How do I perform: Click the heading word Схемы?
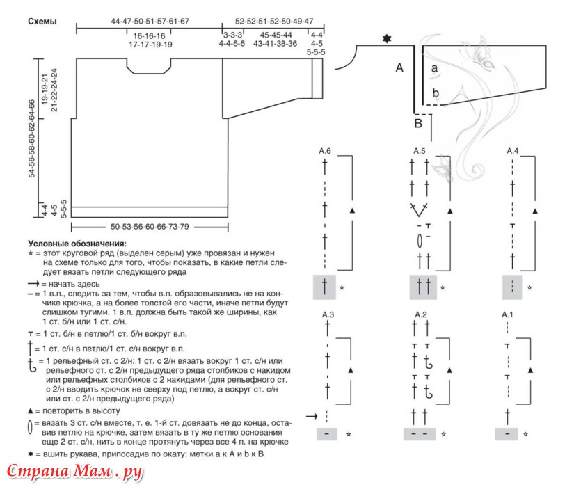coord(42,22)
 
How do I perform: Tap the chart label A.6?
coord(325,151)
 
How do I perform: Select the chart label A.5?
coord(420,151)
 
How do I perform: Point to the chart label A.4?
coord(513,151)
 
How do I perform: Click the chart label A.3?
coord(328,314)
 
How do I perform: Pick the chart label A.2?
coord(421,314)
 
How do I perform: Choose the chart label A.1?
coord(507,314)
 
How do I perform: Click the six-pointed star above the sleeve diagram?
coord(387,38)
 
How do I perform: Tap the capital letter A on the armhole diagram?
coord(399,67)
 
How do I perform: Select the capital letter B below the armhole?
coord(418,123)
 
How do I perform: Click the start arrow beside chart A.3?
coord(312,416)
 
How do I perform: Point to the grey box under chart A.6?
coord(324,287)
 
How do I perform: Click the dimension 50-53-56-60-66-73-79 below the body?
coord(150,227)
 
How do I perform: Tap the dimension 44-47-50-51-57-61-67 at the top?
coord(150,22)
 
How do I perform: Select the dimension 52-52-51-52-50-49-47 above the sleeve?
coord(274,22)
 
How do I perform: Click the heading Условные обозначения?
coord(77,243)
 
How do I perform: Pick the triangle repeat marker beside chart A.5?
coord(450,211)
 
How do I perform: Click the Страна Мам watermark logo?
coord(74,472)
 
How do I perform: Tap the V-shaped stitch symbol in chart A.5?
coord(419,210)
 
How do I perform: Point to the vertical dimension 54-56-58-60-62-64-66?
coord(32,138)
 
